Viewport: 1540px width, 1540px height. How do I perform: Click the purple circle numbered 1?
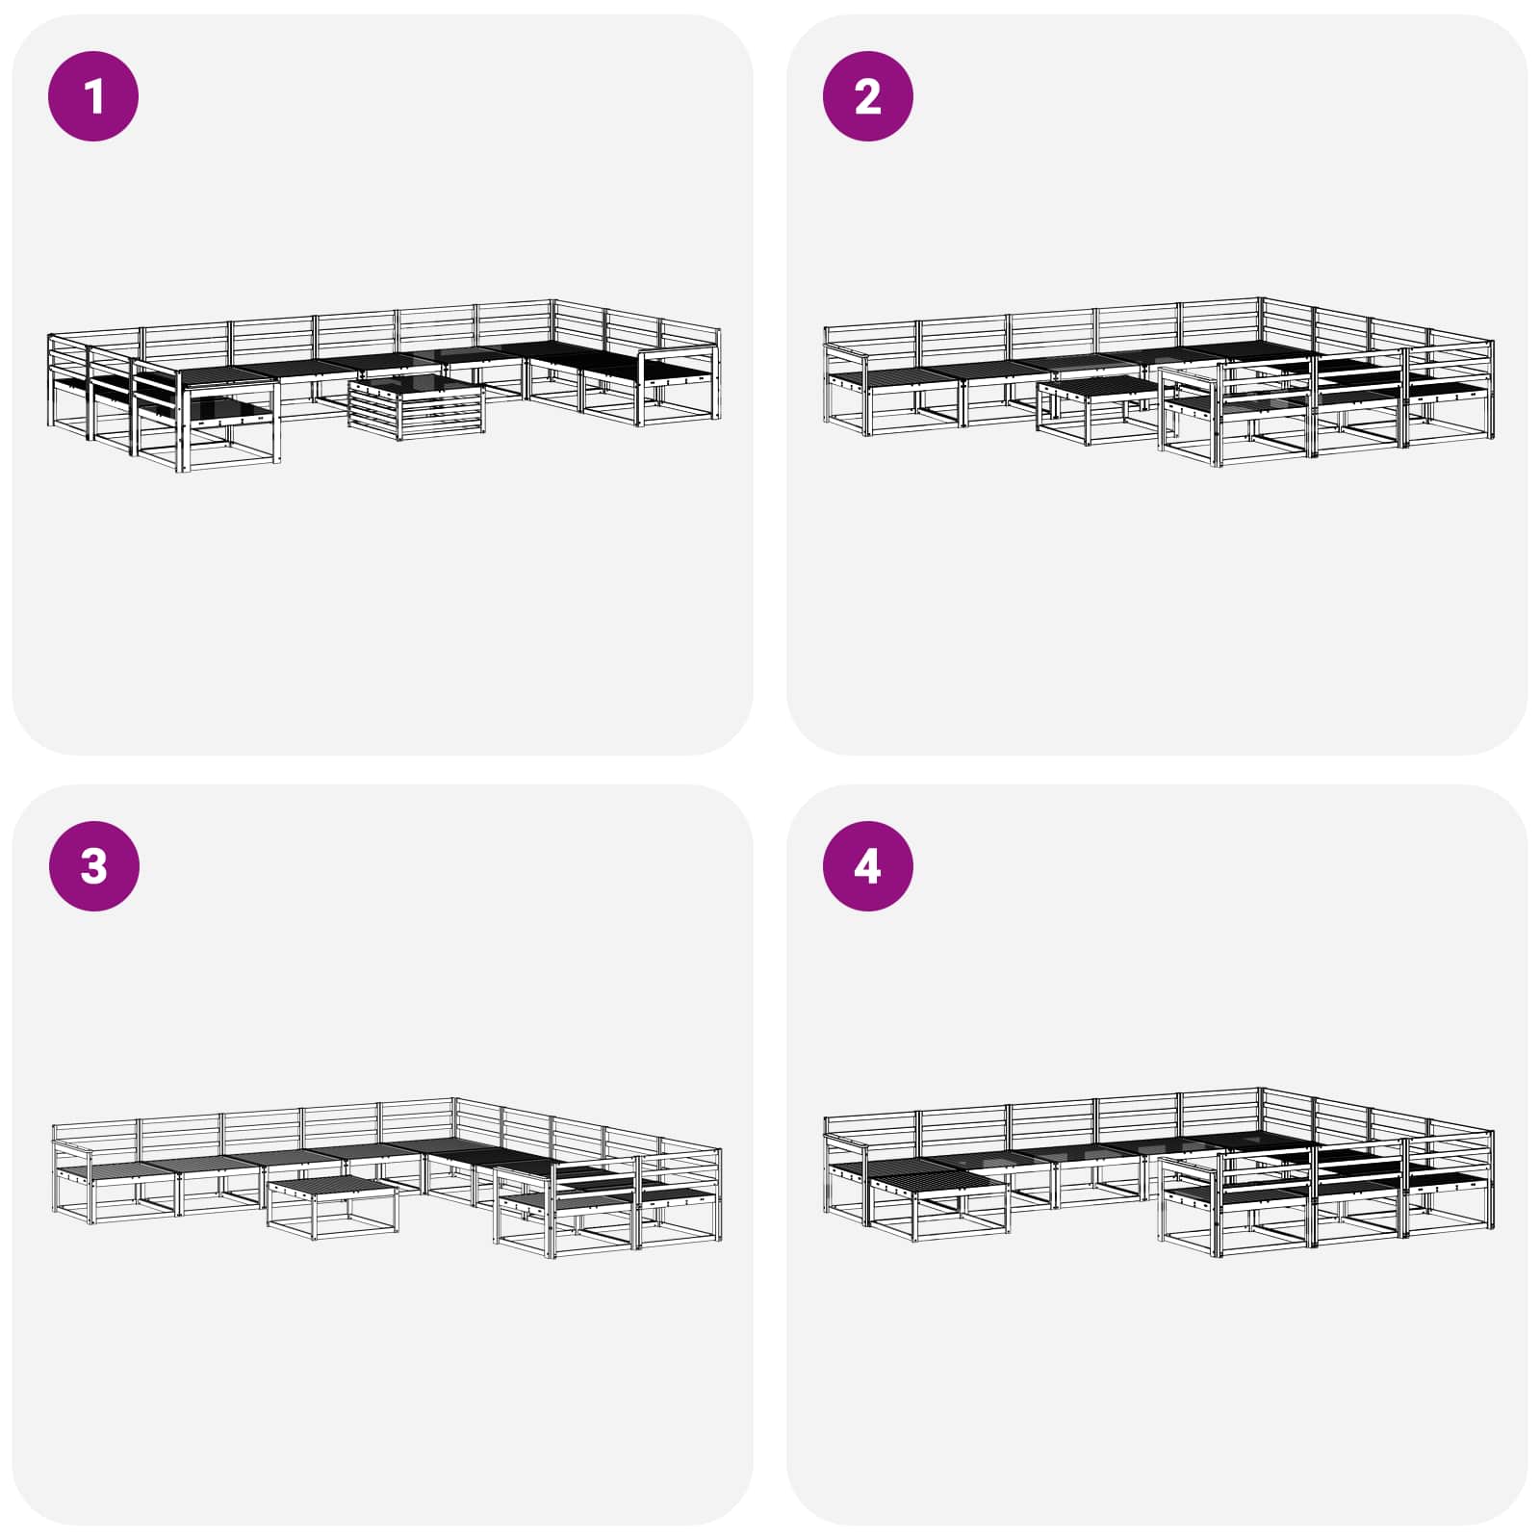[x=93, y=96]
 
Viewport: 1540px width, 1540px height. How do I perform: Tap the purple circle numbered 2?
[x=867, y=96]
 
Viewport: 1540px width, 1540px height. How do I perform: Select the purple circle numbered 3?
[x=93, y=865]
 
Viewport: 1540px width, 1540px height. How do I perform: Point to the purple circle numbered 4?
[x=867, y=865]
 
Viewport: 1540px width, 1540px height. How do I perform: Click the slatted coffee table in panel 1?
[x=418, y=405]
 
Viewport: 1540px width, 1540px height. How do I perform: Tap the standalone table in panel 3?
[x=332, y=1204]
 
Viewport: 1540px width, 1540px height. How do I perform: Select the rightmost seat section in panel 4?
[x=1449, y=1189]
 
